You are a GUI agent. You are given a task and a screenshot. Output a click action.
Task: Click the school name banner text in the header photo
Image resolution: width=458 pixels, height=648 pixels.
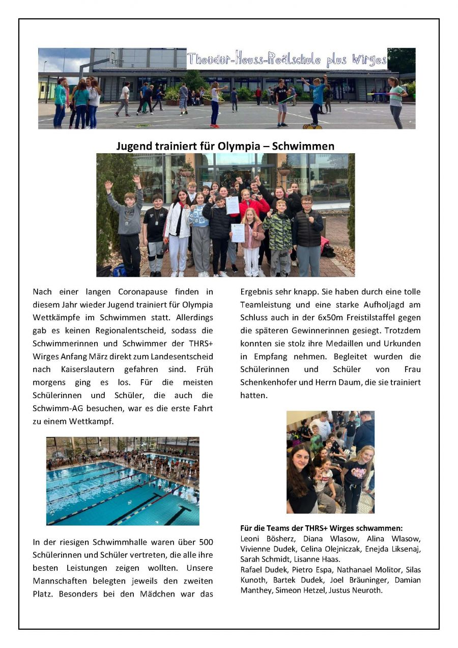(287, 59)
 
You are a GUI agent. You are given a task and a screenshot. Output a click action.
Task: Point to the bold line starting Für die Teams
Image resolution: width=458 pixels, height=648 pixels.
(321, 528)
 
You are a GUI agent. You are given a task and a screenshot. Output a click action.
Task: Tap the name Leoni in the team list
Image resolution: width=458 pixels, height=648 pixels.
(250, 538)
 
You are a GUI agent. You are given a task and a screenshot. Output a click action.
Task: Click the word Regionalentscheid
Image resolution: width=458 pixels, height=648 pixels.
(112, 318)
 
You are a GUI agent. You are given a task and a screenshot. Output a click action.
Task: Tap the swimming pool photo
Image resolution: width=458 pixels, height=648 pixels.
(123, 481)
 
